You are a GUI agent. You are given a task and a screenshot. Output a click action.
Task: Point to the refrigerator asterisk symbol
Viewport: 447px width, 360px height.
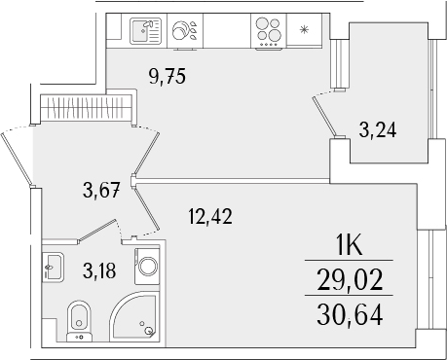(x=305, y=29)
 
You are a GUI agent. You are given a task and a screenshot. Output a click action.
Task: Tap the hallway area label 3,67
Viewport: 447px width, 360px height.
(x=100, y=190)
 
